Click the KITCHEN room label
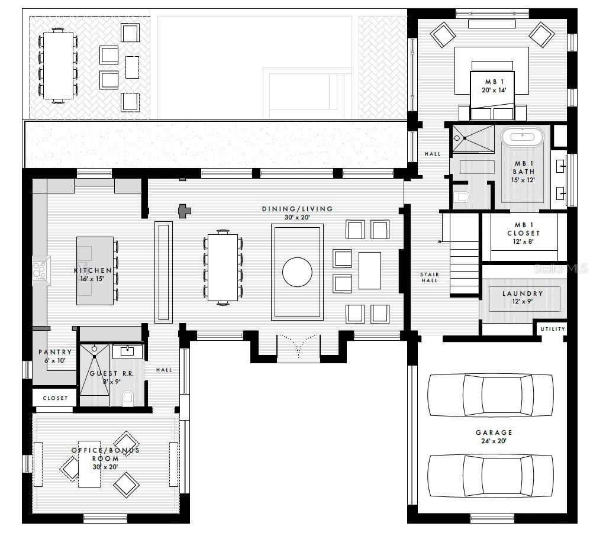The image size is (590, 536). (x=92, y=270)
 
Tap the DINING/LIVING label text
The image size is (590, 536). (x=297, y=209)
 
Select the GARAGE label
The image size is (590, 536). (x=494, y=432)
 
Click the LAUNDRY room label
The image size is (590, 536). (x=523, y=293)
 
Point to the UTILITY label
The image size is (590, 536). (x=553, y=329)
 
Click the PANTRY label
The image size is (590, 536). (x=55, y=352)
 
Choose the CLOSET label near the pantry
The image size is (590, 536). (x=55, y=398)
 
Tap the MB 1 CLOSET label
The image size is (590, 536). (x=523, y=229)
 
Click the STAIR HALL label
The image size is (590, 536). (x=429, y=277)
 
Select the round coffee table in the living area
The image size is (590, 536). (x=297, y=272)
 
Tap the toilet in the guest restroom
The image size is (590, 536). (x=128, y=398)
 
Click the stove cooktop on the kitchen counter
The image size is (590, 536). (x=41, y=270)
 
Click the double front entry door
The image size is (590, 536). (x=298, y=348)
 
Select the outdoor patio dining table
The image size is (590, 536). (x=58, y=65)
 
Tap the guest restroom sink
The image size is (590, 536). (x=127, y=351)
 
